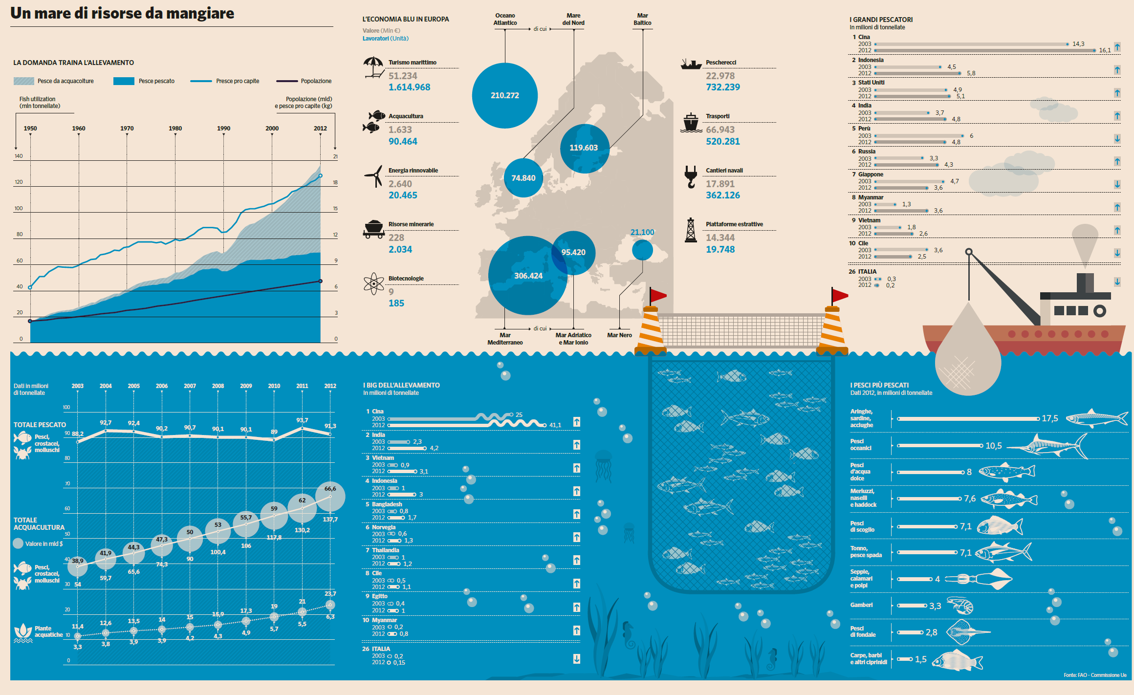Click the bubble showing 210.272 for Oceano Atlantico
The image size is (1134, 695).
click(x=505, y=95)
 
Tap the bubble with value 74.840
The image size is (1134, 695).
click(x=523, y=178)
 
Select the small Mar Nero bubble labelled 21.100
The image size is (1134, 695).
click(x=642, y=250)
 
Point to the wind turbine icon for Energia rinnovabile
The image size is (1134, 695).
click(x=374, y=176)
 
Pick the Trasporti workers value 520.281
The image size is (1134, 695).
click(x=722, y=141)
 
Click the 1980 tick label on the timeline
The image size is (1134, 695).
click(x=175, y=129)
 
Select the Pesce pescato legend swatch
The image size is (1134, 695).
click(x=124, y=81)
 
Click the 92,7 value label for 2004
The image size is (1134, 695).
click(x=106, y=422)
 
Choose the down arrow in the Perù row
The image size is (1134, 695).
click(x=1117, y=139)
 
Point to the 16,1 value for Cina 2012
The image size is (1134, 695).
click(x=1105, y=50)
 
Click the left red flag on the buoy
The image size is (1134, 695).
click(x=658, y=295)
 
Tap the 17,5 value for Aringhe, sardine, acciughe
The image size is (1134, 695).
click(x=1049, y=418)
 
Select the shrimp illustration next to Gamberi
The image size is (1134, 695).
click(x=960, y=606)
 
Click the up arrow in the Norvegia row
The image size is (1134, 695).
click(x=577, y=537)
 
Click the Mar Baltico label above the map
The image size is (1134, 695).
click(x=642, y=19)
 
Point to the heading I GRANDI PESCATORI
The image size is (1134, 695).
click(x=881, y=20)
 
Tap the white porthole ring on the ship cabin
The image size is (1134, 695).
click(x=1100, y=311)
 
